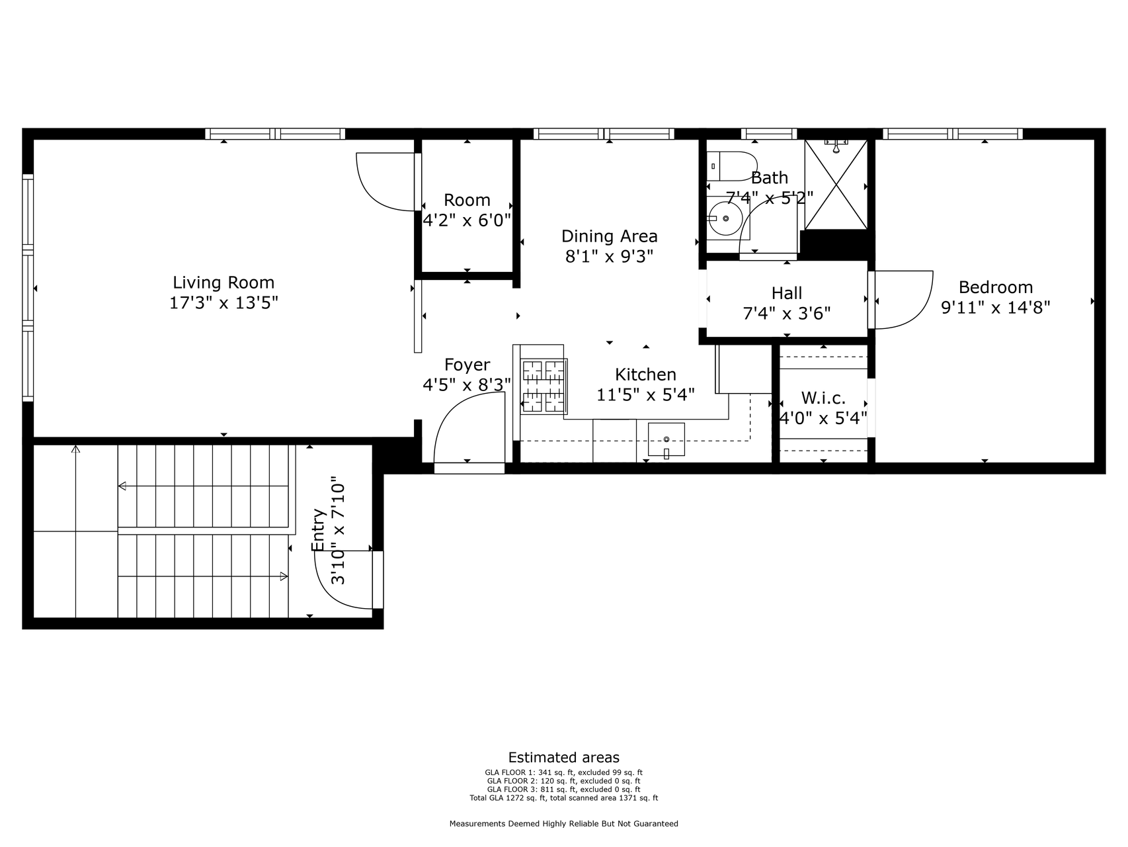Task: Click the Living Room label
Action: point(223,283)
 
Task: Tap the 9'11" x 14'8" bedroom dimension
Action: point(995,307)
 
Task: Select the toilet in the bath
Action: point(731,166)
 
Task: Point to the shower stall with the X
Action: point(836,185)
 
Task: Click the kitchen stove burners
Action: point(544,386)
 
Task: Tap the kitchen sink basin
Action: point(666,439)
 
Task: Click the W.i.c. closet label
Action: point(823,398)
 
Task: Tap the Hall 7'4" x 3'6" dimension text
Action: point(786,313)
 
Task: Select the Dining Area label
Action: point(609,236)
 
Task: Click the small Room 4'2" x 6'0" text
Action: point(467,220)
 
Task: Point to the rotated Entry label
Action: point(318,529)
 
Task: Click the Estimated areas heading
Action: point(563,758)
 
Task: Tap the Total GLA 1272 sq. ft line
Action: point(563,798)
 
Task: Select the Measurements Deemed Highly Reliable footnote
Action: point(563,824)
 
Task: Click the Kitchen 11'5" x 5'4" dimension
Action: point(645,395)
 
